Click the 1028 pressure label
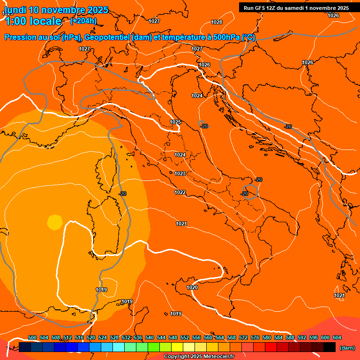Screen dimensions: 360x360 217,22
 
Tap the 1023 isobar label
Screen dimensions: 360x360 180,173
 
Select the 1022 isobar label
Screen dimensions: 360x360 180,192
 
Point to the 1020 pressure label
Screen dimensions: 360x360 192,287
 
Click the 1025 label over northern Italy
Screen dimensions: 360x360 175,122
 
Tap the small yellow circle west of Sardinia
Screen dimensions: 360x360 55,222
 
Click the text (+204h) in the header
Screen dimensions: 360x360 83,21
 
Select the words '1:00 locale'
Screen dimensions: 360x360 33,21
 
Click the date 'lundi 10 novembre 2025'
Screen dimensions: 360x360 56,10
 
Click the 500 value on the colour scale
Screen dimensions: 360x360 32,337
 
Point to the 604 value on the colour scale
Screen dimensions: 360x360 337,337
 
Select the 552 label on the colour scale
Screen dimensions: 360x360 185,337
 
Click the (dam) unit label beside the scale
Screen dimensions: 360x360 347,348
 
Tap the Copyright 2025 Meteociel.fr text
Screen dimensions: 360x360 199,356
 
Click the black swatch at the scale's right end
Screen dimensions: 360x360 330,347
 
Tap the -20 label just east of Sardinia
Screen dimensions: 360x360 122,194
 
